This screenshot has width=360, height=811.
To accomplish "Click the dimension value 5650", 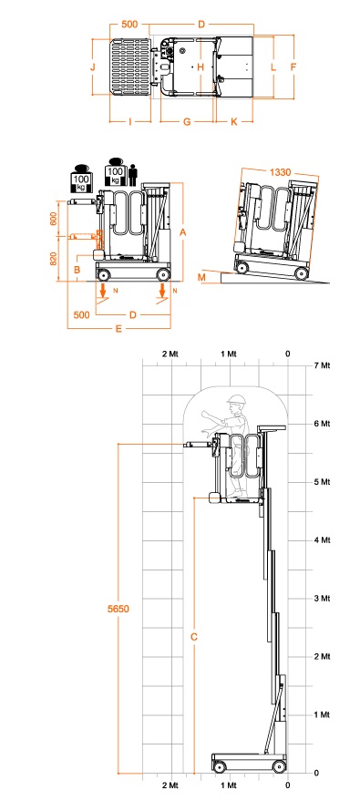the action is (x=118, y=609).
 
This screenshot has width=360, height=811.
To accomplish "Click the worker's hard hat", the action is (x=236, y=399).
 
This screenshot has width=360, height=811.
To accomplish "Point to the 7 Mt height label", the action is (x=322, y=365).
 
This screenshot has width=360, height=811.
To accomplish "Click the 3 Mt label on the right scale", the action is (x=322, y=599).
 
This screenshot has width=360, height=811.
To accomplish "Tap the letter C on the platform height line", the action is (x=194, y=637).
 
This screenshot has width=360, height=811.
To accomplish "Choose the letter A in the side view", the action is (x=182, y=232).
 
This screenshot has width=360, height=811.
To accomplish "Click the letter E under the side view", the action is (x=118, y=328).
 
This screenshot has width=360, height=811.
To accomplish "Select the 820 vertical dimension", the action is (x=53, y=259).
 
